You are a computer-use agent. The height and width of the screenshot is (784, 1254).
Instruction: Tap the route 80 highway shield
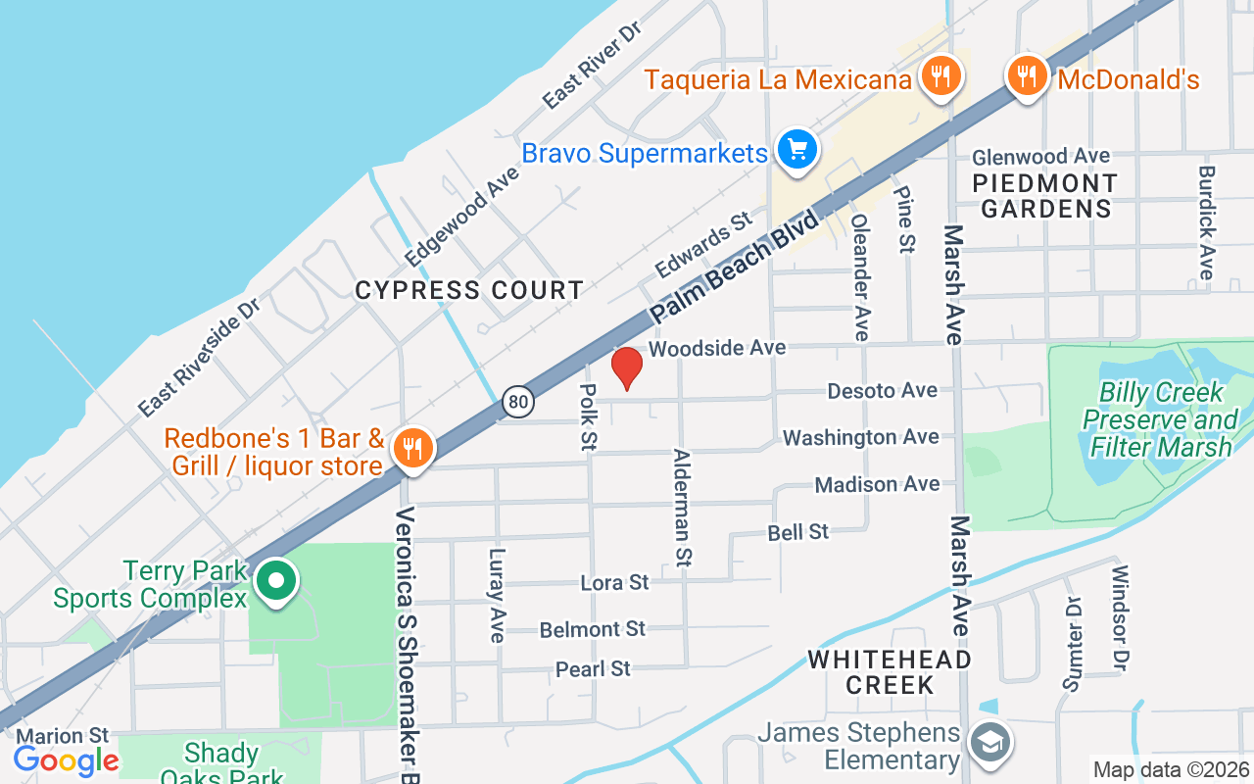point(518,400)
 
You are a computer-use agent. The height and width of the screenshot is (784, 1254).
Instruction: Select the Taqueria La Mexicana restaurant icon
point(940,75)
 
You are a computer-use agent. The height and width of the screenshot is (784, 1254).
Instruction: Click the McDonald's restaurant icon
point(1026,74)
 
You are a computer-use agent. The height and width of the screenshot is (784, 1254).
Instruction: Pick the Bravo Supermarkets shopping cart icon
point(797,150)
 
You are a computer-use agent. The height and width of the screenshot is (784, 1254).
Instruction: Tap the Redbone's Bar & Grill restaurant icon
point(412,448)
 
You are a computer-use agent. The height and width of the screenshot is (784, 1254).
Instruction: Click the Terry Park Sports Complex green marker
point(276,581)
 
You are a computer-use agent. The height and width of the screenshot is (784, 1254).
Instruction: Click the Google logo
point(66,759)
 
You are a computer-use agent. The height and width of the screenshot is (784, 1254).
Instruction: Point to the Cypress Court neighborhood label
point(469,290)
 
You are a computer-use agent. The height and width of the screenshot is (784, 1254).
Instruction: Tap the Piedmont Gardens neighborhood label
point(1045,196)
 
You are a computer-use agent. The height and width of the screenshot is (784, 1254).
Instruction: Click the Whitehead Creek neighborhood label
point(890,671)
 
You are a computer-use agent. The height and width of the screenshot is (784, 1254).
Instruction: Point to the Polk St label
point(588,416)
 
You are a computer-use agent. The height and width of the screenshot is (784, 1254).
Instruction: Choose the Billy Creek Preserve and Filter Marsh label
point(1161,419)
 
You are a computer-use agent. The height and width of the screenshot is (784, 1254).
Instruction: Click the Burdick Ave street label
point(1207,221)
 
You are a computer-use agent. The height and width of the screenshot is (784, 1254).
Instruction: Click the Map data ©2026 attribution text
point(1171,770)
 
